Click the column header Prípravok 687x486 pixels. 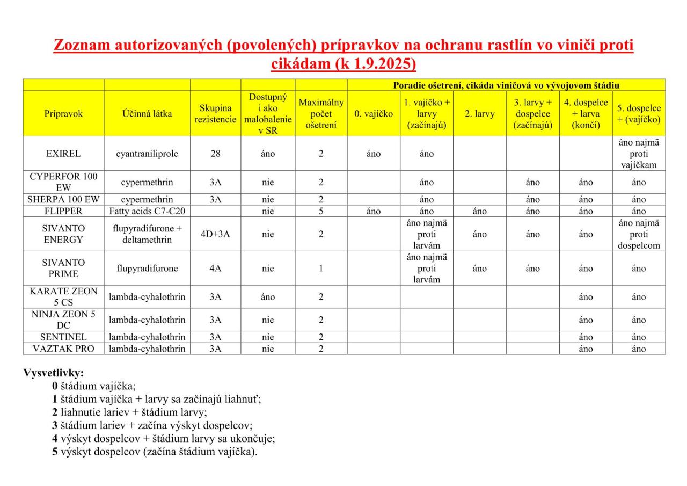coord(63,113)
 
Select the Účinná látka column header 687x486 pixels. coord(147,113)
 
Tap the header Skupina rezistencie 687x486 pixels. coord(215,113)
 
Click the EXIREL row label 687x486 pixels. coord(63,154)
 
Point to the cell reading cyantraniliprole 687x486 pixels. coord(147,154)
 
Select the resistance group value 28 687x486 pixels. coord(215,154)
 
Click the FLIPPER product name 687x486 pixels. coord(63,211)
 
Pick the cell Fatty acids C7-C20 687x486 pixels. coord(147,211)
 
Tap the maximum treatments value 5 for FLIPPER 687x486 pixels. coord(320,211)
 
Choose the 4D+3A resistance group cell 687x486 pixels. coord(215,234)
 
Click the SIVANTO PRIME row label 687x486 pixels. coord(63,268)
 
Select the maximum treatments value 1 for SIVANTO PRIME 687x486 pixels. coord(320,268)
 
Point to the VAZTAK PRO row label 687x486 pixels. coord(63,349)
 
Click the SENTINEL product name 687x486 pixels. coord(63,337)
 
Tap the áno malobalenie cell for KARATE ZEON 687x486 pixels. coord(268,296)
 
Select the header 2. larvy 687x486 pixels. coord(479,113)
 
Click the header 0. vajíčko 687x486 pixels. coord(373,113)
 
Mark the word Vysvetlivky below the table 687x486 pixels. coord(53,373)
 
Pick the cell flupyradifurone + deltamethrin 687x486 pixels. coord(147,234)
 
